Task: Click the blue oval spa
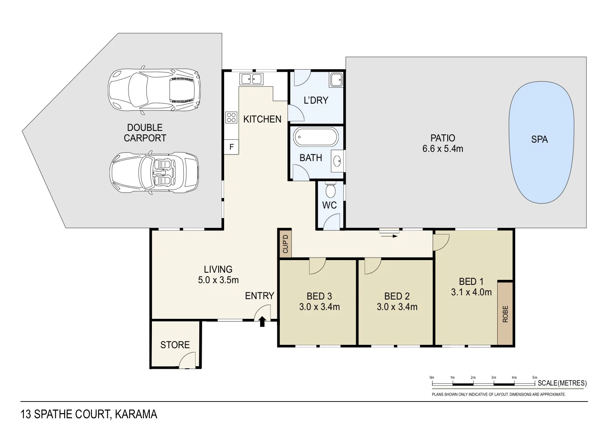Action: (x=541, y=143)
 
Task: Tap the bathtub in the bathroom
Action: (x=316, y=137)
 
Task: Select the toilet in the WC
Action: (x=331, y=190)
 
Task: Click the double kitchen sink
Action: (x=251, y=79)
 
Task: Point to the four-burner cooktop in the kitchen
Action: (x=231, y=117)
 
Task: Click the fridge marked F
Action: (x=231, y=147)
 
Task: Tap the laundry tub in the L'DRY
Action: (x=336, y=79)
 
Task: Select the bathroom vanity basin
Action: (x=337, y=160)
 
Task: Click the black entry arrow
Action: (x=262, y=322)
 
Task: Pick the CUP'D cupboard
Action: (x=285, y=244)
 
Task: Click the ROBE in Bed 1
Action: (x=505, y=314)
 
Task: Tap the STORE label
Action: (x=175, y=345)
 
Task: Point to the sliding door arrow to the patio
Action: (x=390, y=236)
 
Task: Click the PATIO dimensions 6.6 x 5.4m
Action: (x=443, y=149)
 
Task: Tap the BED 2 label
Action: (x=397, y=296)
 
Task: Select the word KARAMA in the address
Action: (x=136, y=414)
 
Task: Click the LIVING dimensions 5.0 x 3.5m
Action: (x=218, y=280)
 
